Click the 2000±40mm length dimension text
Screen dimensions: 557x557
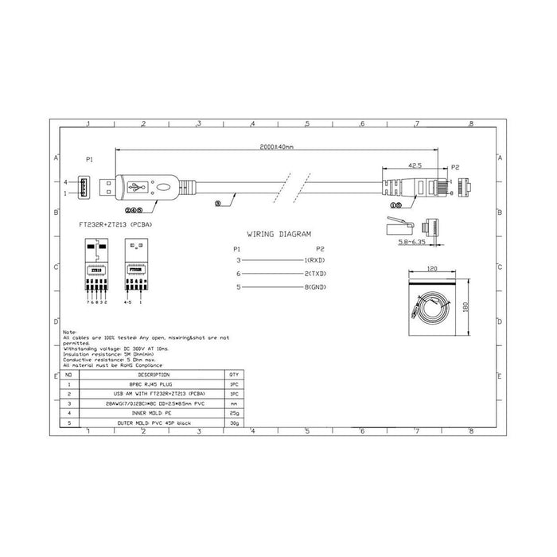tap(277, 148)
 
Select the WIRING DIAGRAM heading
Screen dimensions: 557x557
tap(278, 235)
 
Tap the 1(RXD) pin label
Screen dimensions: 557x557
tap(314, 260)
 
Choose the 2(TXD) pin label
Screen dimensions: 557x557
tap(314, 273)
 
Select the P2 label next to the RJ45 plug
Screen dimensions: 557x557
tap(455, 168)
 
